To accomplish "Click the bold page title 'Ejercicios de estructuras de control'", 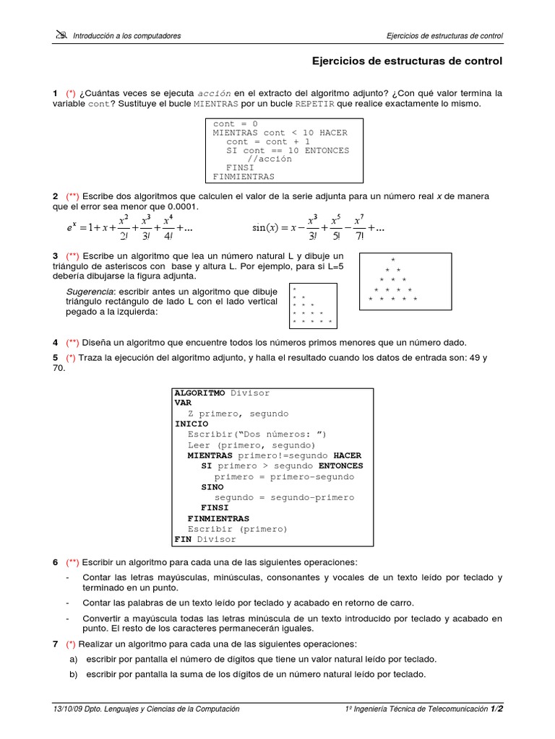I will pos(406,61).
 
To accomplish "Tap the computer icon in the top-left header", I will pos(60,35).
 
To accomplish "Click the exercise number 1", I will pos(55,94).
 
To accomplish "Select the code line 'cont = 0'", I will pos(235,123).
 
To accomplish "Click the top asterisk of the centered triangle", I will pos(392,260).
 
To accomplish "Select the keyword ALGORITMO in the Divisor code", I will pos(199,393).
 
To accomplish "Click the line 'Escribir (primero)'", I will pos(237,529).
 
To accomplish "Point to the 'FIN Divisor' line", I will pos(205,539).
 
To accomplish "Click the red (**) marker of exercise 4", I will pos(73,342).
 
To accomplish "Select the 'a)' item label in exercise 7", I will pos(73,659).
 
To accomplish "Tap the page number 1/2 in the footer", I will pos(496,709).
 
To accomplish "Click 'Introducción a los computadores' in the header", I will pos(126,35).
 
